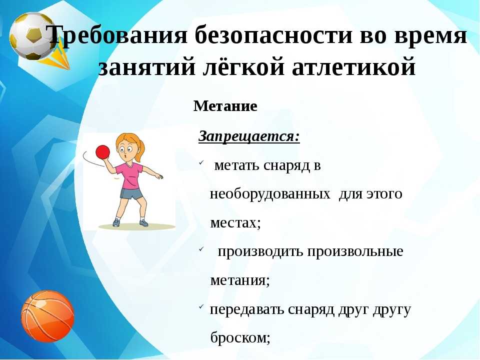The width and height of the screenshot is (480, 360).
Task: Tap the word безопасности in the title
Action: (x=273, y=34)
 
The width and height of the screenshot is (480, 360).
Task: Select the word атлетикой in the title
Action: (x=354, y=66)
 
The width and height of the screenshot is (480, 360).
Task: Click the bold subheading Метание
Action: (x=225, y=106)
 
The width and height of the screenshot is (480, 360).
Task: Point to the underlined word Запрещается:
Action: (x=249, y=136)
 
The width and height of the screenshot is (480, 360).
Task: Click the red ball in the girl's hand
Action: (x=102, y=152)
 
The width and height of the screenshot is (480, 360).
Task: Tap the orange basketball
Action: (x=47, y=316)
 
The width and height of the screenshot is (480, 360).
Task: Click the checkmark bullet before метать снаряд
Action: (x=201, y=163)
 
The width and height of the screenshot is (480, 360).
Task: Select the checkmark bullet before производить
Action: (x=201, y=249)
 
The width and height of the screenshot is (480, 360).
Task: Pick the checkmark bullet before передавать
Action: (x=201, y=306)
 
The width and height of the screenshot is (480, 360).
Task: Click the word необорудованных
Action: (x=270, y=194)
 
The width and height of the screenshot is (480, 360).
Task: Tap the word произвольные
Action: (x=355, y=252)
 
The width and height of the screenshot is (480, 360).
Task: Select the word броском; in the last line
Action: (x=240, y=337)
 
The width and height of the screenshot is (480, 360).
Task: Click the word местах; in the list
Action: (x=235, y=222)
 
